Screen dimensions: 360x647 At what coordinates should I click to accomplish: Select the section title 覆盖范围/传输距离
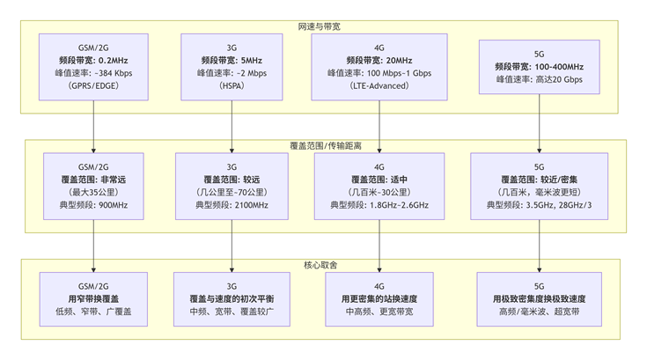[324, 145]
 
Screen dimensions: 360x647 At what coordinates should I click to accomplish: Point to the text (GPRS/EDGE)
[93, 87]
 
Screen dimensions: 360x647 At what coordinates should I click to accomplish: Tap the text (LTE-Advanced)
[379, 87]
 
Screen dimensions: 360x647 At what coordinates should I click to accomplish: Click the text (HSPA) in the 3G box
[232, 87]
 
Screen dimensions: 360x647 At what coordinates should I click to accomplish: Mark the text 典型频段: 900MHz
[93, 205]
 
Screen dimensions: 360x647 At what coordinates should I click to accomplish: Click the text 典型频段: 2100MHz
[232, 205]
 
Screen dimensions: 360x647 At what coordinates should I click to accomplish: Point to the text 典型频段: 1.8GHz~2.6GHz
[379, 205]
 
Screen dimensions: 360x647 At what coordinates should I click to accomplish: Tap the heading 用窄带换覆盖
[93, 299]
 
